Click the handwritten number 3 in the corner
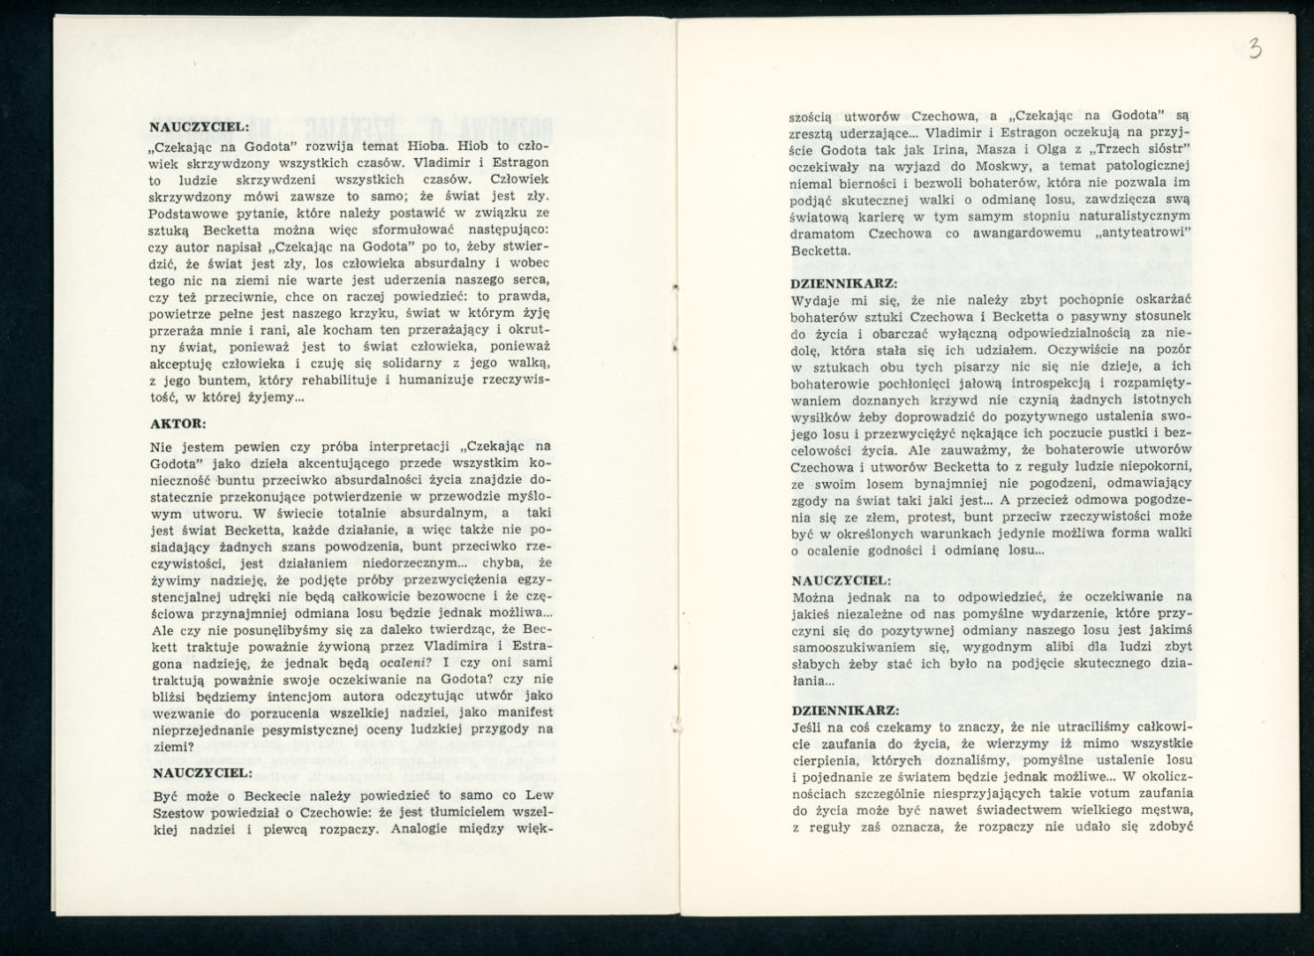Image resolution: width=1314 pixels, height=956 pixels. (1254, 48)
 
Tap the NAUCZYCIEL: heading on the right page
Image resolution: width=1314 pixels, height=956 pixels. (841, 579)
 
